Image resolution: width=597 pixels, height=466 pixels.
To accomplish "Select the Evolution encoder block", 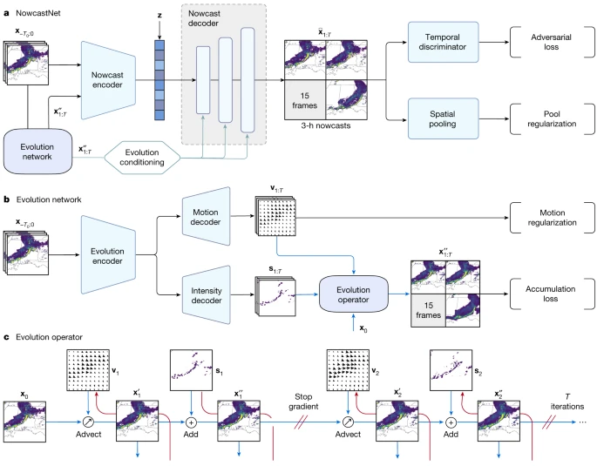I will pos(112,253).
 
